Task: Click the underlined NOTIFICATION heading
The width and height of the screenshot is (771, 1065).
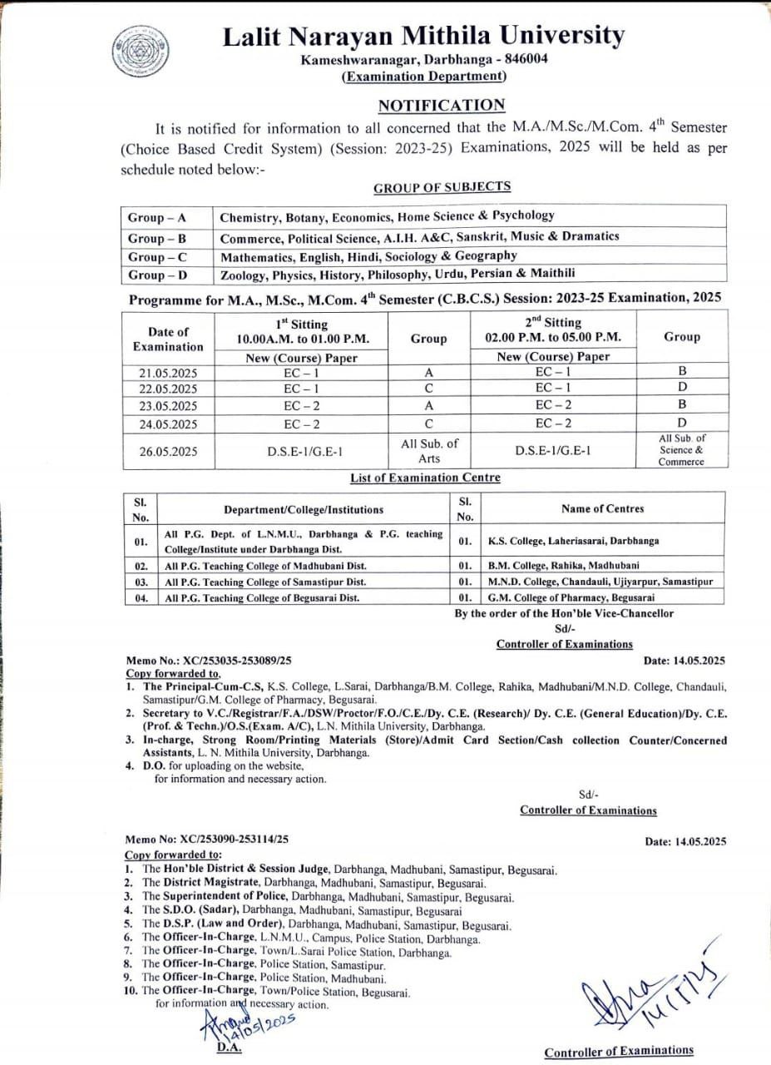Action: [x=442, y=105]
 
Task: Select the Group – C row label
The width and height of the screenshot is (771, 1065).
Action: [x=157, y=256]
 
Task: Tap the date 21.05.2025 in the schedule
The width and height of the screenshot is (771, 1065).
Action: [x=168, y=373]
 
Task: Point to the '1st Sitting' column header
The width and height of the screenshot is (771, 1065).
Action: [x=302, y=330]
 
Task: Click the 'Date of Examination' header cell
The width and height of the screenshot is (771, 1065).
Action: [x=168, y=338]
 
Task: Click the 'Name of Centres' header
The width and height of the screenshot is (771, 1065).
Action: [x=602, y=508]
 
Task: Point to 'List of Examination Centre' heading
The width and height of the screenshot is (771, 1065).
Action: [x=425, y=478]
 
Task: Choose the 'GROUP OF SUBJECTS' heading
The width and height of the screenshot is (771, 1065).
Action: [x=442, y=187]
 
